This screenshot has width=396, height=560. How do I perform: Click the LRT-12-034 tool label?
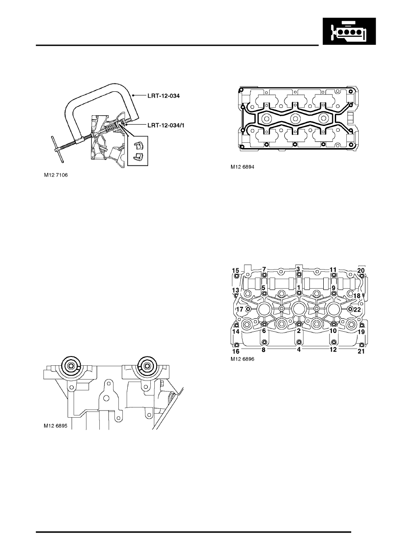tap(164, 96)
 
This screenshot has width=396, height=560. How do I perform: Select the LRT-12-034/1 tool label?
tap(166, 125)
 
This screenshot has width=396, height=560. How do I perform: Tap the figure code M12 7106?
tap(56, 175)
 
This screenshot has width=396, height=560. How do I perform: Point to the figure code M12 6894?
tap(242, 167)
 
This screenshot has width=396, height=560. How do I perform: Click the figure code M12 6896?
tap(242, 359)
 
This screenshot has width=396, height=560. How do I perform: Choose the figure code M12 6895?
tap(56, 426)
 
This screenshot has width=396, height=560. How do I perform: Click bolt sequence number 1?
tap(298, 287)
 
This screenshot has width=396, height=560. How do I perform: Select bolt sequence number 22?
tap(357, 309)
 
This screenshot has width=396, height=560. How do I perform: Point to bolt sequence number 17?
tap(240, 309)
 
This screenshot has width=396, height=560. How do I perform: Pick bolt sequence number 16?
tap(236, 352)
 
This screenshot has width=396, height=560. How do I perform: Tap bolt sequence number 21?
tap(361, 352)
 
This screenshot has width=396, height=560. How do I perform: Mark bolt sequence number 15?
tap(235, 270)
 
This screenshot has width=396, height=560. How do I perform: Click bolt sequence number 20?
tap(361, 270)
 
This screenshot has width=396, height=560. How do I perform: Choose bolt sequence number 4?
tap(298, 349)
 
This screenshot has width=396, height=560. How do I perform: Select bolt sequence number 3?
tap(298, 269)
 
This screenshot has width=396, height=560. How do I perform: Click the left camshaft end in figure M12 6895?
tap(71, 365)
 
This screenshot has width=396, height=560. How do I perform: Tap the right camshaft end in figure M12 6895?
tap(146, 365)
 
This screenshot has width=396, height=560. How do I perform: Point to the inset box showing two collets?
tap(138, 151)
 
